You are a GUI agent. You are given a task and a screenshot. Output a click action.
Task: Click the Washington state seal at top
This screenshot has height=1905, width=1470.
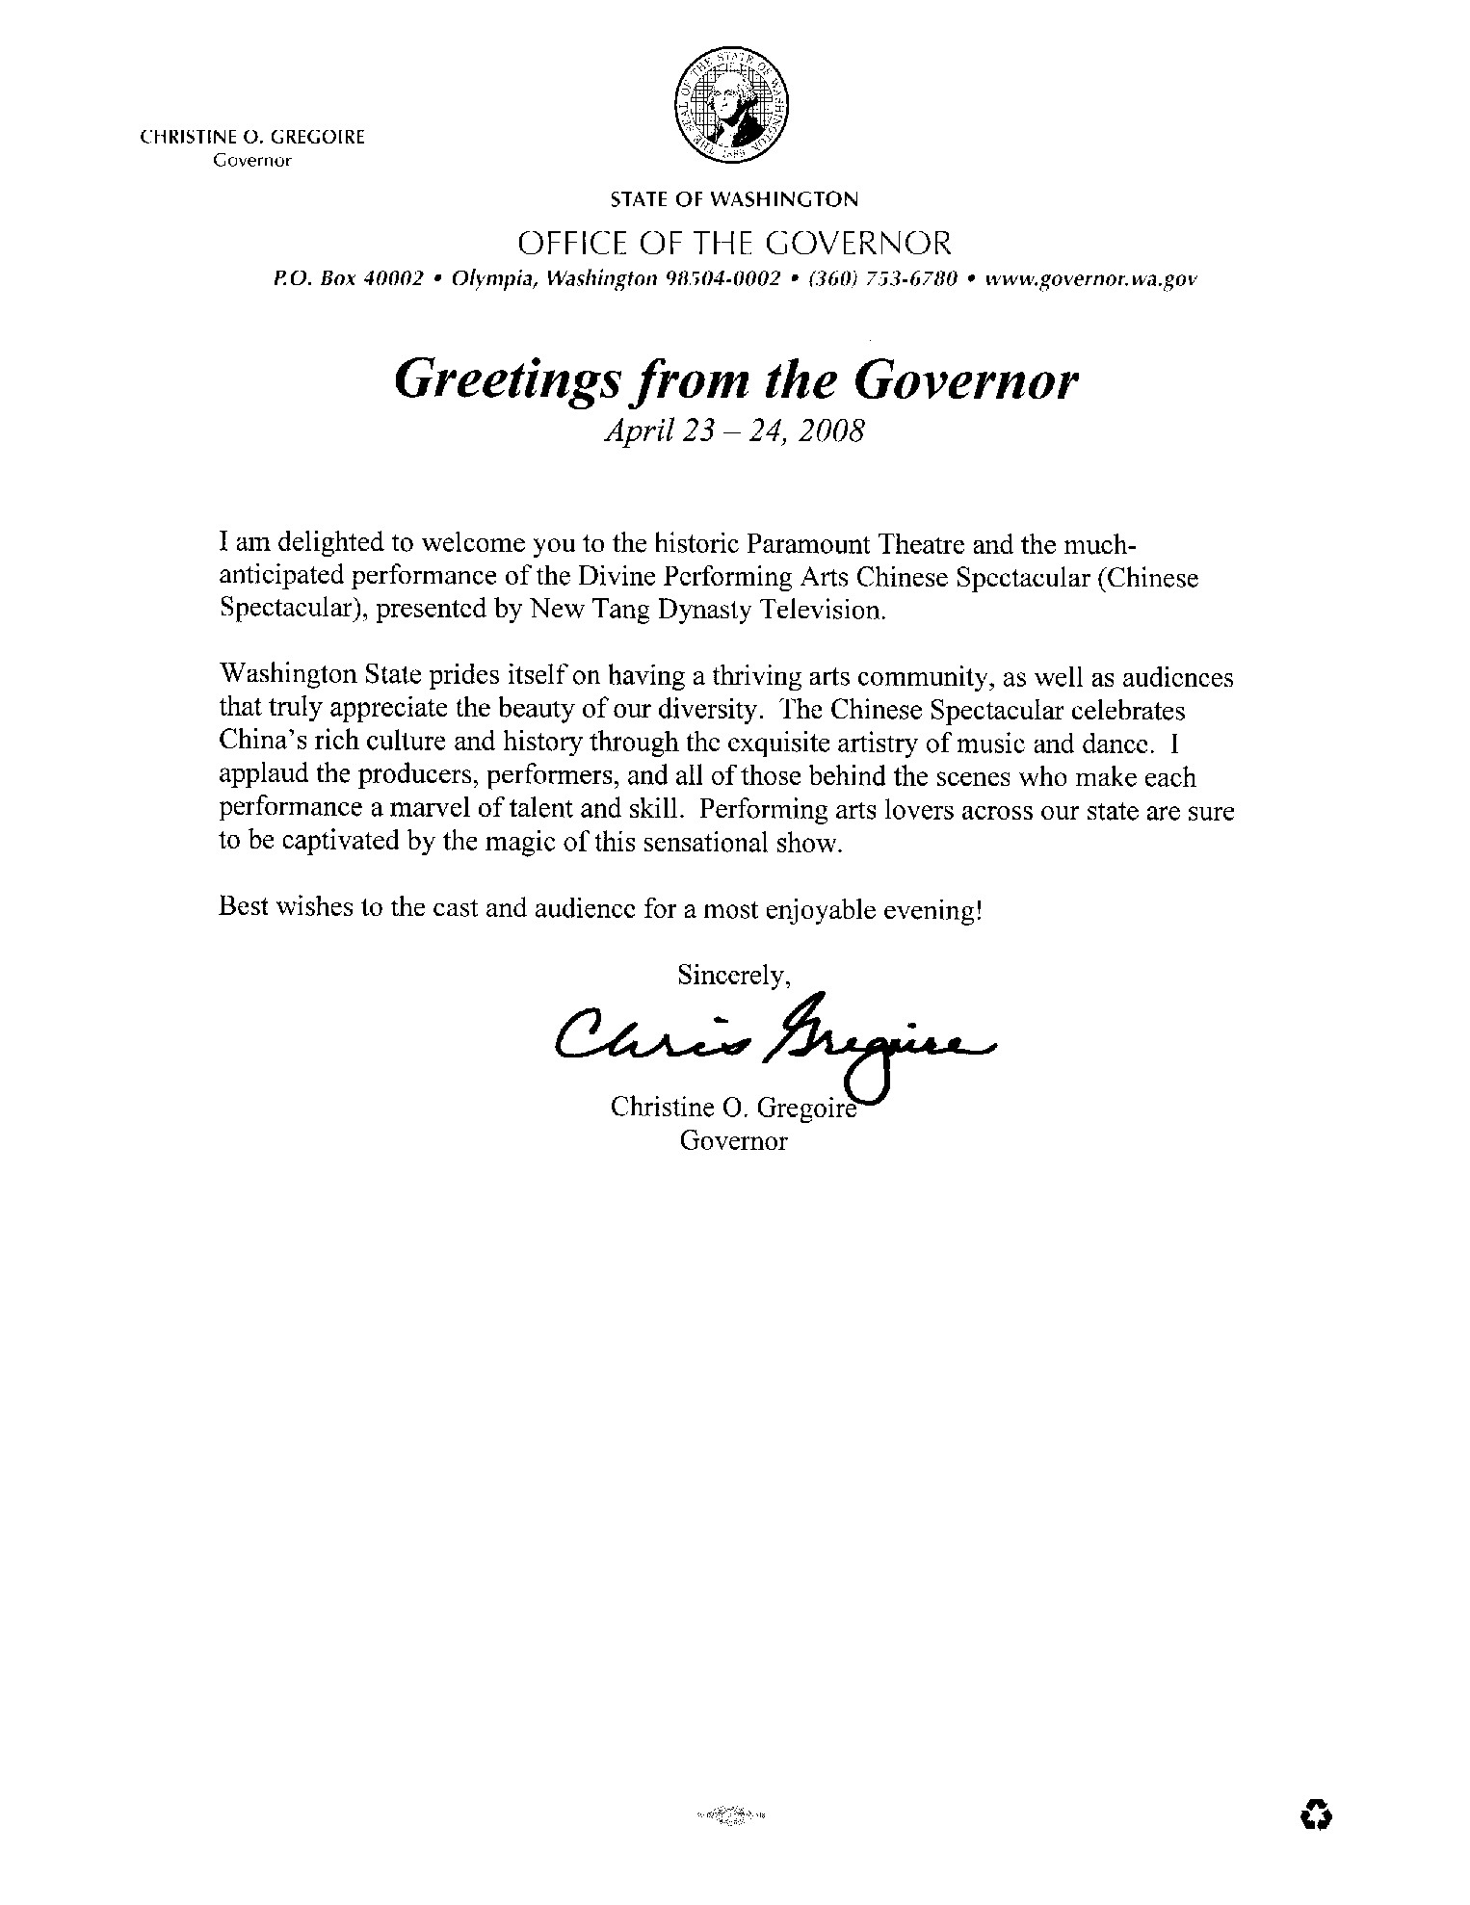pyautogui.click(x=732, y=105)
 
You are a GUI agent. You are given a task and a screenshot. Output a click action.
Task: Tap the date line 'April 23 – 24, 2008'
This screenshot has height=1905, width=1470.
pyautogui.click(x=732, y=431)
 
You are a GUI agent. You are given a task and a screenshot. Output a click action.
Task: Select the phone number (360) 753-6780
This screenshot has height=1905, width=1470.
pyautogui.click(x=881, y=279)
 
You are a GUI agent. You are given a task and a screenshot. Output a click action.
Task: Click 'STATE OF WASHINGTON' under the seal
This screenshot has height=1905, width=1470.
pyautogui.click(x=733, y=200)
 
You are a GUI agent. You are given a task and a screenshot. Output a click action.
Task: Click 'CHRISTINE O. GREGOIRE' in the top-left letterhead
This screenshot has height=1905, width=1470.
pyautogui.click(x=253, y=138)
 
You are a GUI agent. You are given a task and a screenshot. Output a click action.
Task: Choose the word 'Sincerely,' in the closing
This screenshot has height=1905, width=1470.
pyautogui.click(x=734, y=975)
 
